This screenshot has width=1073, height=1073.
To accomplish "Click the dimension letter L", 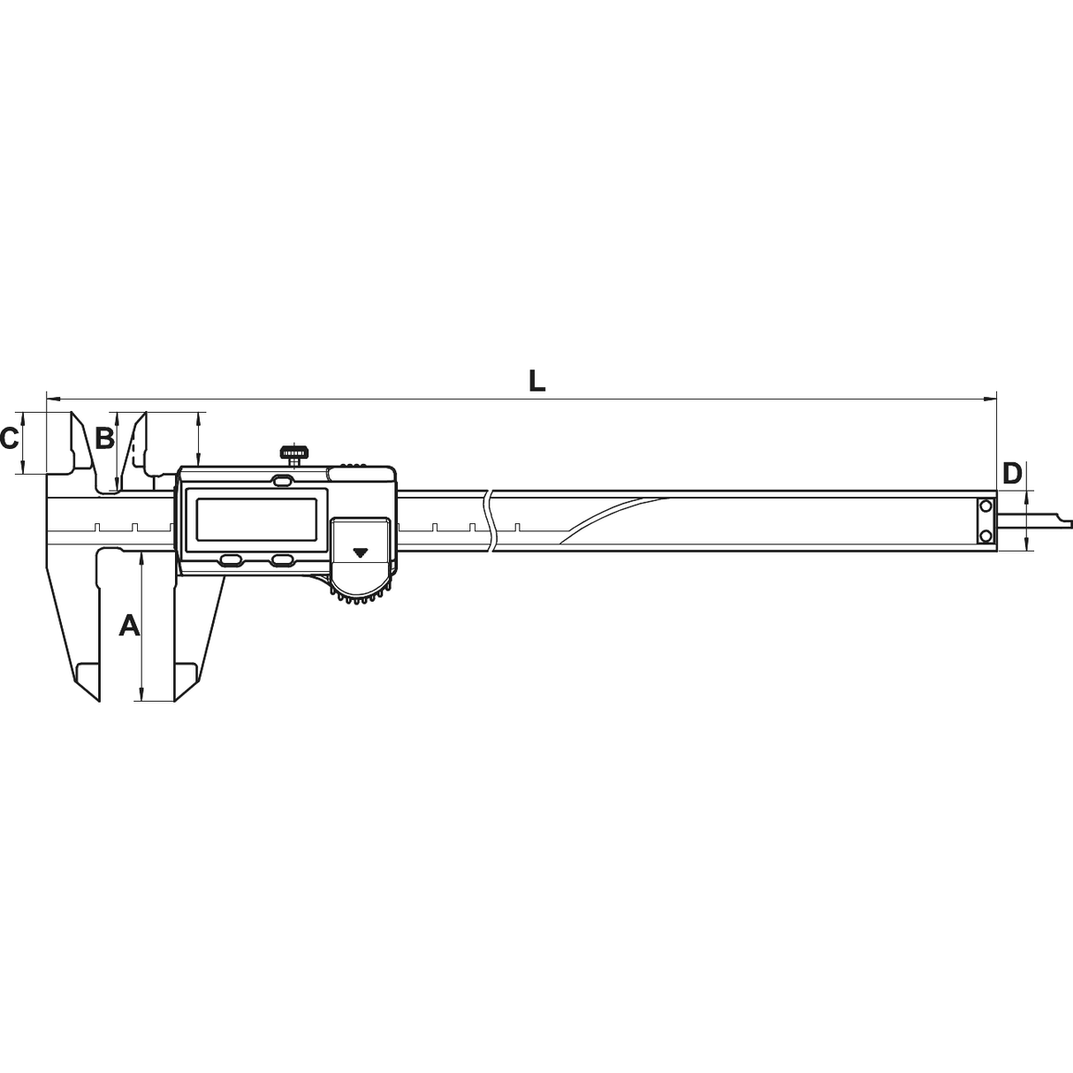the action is (x=536, y=382).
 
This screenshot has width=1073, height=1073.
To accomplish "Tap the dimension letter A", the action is (x=129, y=625).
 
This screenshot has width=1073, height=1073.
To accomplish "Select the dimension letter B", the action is (x=104, y=438).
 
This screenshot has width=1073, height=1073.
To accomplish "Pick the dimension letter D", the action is (x=1012, y=473).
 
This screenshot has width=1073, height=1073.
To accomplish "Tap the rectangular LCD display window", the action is (x=256, y=519).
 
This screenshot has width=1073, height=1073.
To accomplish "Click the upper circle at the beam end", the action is (x=985, y=506).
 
